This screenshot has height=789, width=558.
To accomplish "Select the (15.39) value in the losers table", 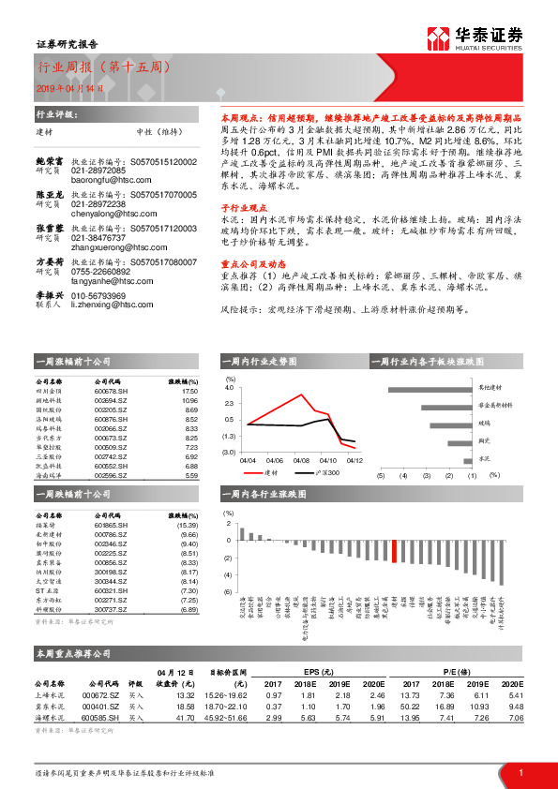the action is click(x=189, y=526).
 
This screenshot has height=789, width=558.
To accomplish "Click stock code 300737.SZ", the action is click(x=112, y=609).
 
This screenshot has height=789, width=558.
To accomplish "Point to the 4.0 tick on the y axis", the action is click(x=229, y=386).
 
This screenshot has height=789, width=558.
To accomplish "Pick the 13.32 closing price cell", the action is click(x=184, y=694).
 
